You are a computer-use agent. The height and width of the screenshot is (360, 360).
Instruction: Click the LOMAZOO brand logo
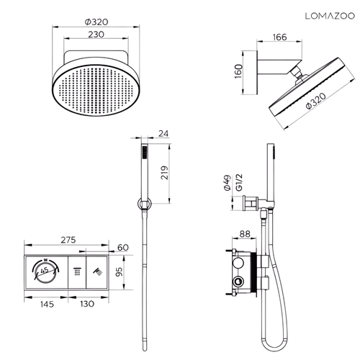tap(330, 16)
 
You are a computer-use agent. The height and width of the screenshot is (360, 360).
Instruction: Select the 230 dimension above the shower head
tap(96, 35)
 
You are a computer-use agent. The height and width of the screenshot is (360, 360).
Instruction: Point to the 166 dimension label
tap(279, 37)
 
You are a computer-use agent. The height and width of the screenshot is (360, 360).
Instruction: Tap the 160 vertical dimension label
tap(238, 71)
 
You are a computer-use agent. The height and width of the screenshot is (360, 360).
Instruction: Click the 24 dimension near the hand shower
tap(163, 133)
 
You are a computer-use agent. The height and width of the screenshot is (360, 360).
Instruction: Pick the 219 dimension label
tap(165, 173)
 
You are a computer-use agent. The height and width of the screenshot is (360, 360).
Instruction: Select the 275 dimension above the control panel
tap(68, 240)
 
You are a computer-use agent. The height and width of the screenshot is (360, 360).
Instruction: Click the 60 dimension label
tap(123, 248)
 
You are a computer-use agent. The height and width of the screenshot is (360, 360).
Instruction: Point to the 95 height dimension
tap(119, 272)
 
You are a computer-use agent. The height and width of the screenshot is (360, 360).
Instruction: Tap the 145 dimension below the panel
tap(47, 305)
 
